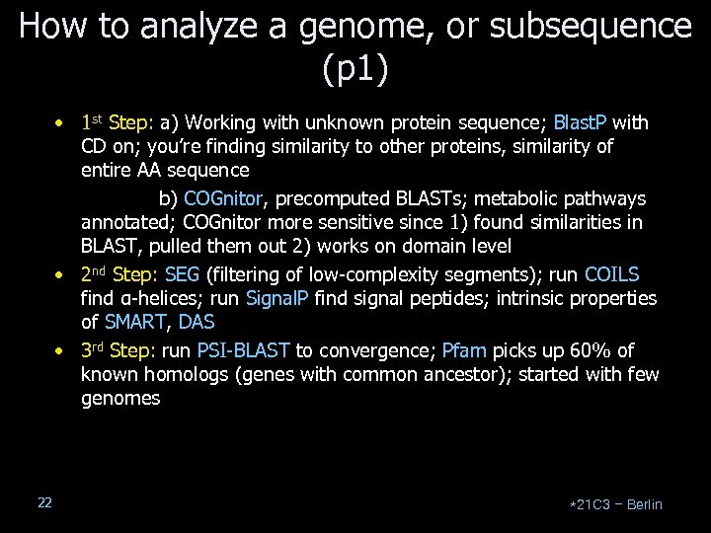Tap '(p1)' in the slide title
click(x=355, y=69)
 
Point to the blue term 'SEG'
click(x=182, y=274)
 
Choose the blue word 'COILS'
click(x=611, y=274)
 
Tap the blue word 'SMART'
click(x=136, y=322)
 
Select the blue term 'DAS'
click(x=197, y=322)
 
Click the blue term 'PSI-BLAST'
click(x=243, y=350)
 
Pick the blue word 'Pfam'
click(x=463, y=350)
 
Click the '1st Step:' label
click(x=115, y=123)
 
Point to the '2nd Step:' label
click(x=118, y=274)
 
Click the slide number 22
click(x=44, y=503)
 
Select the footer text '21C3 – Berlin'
click(x=617, y=504)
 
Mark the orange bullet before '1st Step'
click(x=60, y=124)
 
